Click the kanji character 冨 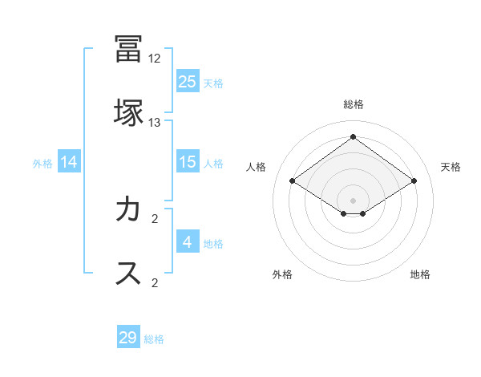coord(128,50)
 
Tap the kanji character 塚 coord(128,113)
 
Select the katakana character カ coord(128,210)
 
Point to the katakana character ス coord(128,274)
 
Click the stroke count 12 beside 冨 coord(155,59)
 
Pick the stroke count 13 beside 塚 coord(155,122)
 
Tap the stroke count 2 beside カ coord(155,219)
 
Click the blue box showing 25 coord(188,81)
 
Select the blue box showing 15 coord(188,162)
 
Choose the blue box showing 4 coord(188,242)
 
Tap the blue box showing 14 coord(69,162)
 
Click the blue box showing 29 coord(128,338)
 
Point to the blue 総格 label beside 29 coord(154,339)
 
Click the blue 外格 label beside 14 coord(42,164)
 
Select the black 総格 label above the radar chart coord(353,104)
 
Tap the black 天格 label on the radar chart coord(451,167)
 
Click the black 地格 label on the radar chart coord(420,274)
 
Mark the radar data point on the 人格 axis coord(293,181)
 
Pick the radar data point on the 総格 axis coord(353,137)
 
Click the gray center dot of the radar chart coord(353,200)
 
